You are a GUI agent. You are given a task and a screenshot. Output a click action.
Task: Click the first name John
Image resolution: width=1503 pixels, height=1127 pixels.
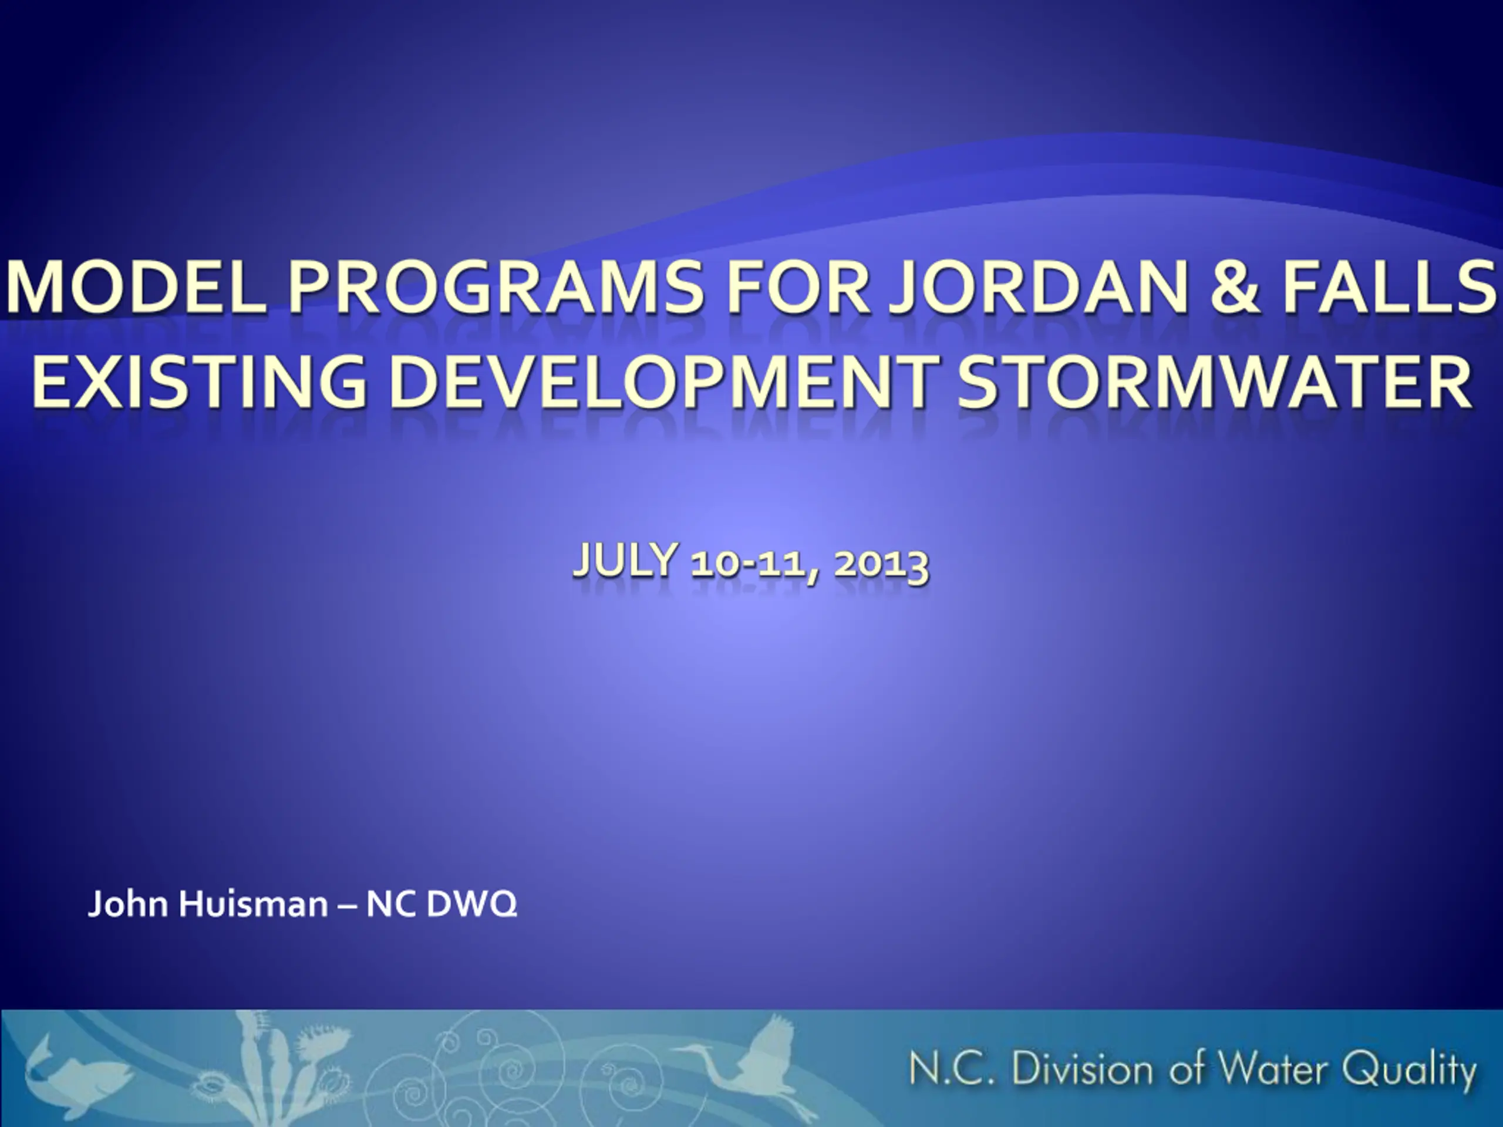(x=129, y=904)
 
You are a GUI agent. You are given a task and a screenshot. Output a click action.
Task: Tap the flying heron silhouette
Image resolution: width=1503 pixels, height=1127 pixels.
(x=740, y=1063)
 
